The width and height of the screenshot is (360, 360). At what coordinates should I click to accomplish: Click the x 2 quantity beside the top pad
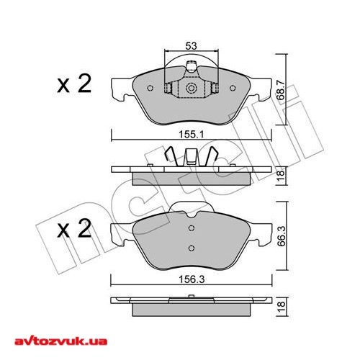pos(74,86)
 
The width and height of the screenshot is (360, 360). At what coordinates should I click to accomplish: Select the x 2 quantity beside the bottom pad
pos(74,231)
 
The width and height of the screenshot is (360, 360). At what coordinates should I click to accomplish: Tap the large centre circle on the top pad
pos(192,89)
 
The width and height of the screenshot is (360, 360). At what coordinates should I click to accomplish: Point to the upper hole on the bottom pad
pos(192,229)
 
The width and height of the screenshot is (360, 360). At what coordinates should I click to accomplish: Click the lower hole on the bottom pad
pos(192,248)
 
